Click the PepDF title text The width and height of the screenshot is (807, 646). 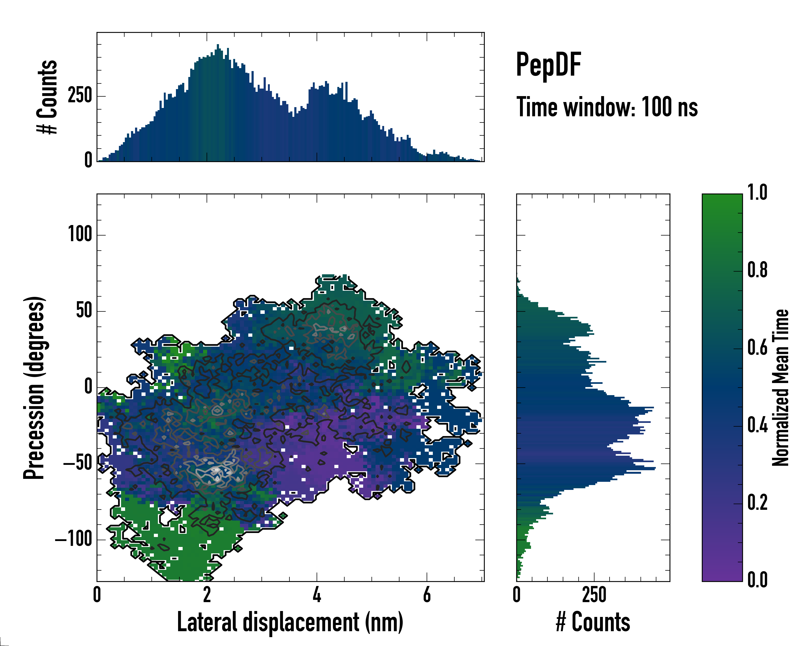pos(548,65)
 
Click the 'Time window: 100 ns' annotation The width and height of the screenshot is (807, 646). pos(607,107)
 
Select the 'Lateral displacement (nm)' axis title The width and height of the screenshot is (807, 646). pos(290,622)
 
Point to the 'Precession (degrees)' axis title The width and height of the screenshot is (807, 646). pos(34,388)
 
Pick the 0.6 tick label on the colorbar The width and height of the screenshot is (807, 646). pos(757,348)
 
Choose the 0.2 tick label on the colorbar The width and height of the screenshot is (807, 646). pos(757,503)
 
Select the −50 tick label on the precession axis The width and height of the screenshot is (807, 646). pos(77,464)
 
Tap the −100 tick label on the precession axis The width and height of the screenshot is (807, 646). pos(74,540)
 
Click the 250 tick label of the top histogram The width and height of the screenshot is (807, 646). pos(80,96)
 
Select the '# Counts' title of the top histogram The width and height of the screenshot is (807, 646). pos(48,97)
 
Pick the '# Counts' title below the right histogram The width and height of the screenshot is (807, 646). pos(593,622)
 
